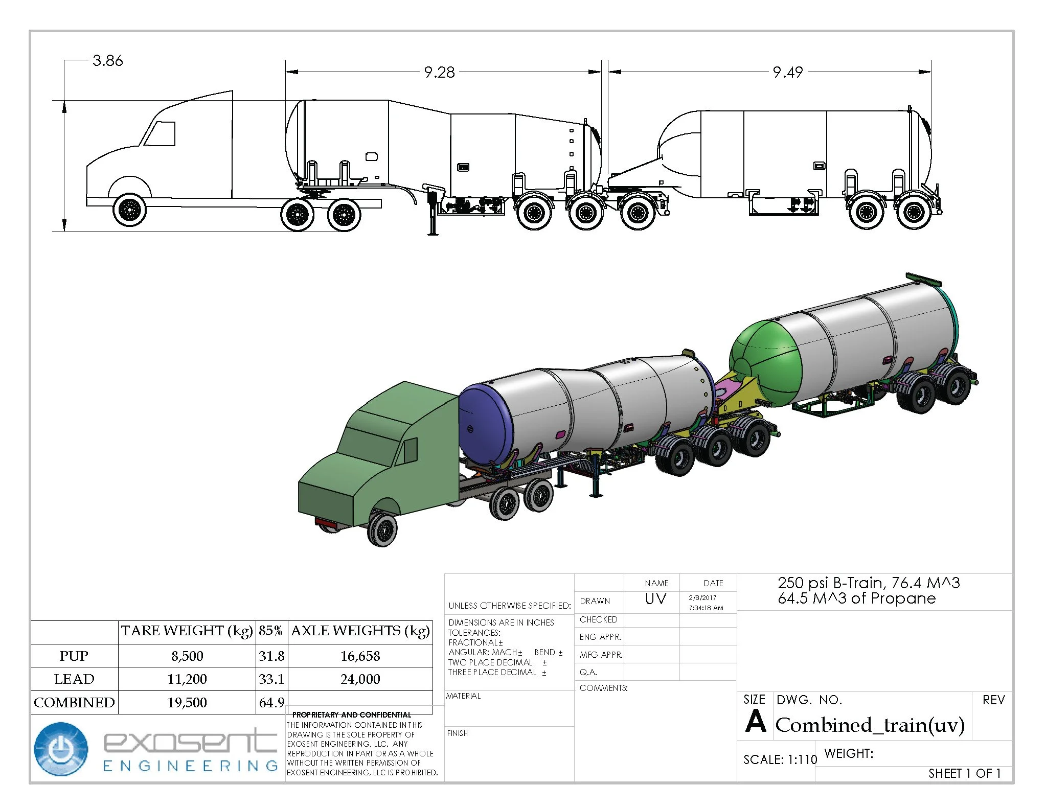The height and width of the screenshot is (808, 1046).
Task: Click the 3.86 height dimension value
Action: pyautogui.click(x=108, y=61)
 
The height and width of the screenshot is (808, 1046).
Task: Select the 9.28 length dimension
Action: pyautogui.click(x=439, y=73)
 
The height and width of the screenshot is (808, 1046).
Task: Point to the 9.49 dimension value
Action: pyautogui.click(x=787, y=73)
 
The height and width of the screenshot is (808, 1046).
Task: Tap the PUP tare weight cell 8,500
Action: pyautogui.click(x=187, y=656)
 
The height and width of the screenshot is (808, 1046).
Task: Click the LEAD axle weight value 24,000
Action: pyautogui.click(x=360, y=679)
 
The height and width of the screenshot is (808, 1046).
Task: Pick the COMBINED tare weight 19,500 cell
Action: pyautogui.click(x=187, y=702)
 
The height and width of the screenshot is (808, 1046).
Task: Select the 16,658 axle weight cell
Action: pyautogui.click(x=360, y=656)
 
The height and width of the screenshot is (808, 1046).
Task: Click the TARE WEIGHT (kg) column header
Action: pyautogui.click(x=187, y=631)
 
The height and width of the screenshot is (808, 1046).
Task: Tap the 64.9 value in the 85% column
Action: pyautogui.click(x=271, y=702)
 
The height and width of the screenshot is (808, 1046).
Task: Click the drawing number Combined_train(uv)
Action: pyautogui.click(x=870, y=725)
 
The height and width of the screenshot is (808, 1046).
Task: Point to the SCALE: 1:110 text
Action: pyautogui.click(x=780, y=760)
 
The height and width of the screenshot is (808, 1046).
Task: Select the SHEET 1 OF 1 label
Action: pyautogui.click(x=964, y=773)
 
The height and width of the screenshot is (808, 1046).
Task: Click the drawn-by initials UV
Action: pyautogui.click(x=655, y=598)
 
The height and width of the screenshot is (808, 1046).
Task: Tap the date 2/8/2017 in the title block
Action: pyautogui.click(x=702, y=597)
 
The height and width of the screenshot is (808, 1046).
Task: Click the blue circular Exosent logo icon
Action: pyautogui.click(x=61, y=749)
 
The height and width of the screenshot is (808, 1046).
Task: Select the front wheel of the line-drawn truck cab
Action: pyautogui.click(x=129, y=210)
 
